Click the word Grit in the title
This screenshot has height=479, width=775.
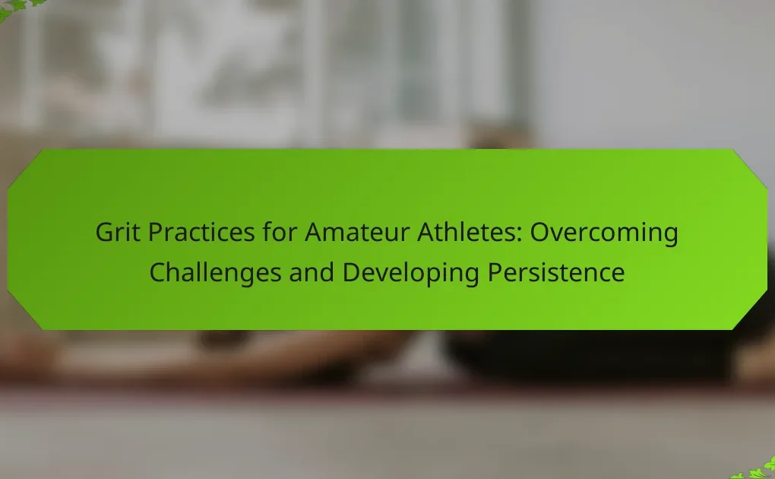[x=118, y=232]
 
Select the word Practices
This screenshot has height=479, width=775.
[x=201, y=232]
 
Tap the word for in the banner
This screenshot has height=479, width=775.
[x=280, y=232]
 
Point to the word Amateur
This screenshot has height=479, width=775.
[x=357, y=232]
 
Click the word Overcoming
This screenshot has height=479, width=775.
[x=604, y=233]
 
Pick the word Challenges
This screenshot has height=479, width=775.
[x=215, y=273]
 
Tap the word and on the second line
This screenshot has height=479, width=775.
[x=312, y=272]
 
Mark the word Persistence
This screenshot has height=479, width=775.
[x=556, y=272]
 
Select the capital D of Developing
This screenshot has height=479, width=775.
[x=352, y=272]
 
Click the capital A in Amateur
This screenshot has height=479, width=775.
[x=315, y=232]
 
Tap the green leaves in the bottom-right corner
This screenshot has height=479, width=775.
[x=756, y=470]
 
